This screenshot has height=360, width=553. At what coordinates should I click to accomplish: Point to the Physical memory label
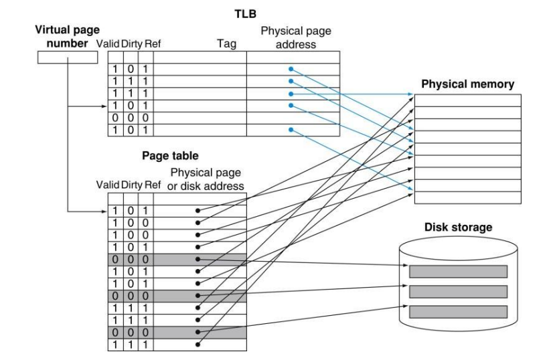coord(467,84)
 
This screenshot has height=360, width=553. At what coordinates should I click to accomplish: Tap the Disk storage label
coord(459,228)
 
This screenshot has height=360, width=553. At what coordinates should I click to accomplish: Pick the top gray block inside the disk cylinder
coord(458,271)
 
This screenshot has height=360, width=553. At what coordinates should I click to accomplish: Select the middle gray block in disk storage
coord(458,291)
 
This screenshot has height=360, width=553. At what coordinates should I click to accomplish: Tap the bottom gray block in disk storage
coord(458,311)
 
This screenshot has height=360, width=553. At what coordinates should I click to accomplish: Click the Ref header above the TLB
coord(152,43)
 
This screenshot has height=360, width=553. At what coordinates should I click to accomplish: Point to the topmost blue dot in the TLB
coord(290,69)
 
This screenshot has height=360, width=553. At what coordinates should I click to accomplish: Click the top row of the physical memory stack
coord(467,100)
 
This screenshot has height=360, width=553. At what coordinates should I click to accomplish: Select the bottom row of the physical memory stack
coord(467,197)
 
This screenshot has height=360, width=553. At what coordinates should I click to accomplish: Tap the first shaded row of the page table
coord(177,259)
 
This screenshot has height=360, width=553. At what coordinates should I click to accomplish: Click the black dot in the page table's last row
coord(197,345)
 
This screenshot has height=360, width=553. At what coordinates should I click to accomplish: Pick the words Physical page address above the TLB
coord(295,37)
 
